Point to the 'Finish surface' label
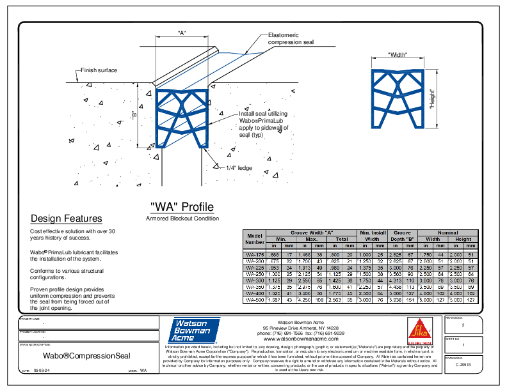tap(99, 70)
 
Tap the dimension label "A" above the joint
tap(182, 34)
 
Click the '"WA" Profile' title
tap(182, 207)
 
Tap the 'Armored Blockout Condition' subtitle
tap(182, 218)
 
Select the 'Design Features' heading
tap(66, 218)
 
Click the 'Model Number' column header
tap(255, 238)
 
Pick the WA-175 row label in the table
tap(255, 254)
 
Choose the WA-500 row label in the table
tap(255, 299)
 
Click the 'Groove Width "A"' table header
tap(311, 233)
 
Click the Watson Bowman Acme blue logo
tap(193, 331)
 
